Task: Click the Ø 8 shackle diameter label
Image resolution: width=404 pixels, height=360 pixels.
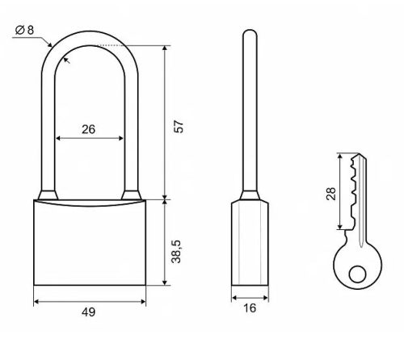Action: click(x=24, y=30)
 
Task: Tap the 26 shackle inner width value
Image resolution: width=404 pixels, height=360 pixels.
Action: click(x=89, y=129)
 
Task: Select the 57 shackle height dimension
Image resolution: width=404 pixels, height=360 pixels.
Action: click(x=179, y=127)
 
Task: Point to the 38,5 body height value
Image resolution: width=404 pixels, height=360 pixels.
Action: click(x=176, y=251)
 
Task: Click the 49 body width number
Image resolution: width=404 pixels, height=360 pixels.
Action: click(x=89, y=312)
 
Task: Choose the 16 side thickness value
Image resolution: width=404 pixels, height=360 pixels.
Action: click(x=250, y=308)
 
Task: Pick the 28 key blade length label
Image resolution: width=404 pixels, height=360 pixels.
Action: click(x=331, y=194)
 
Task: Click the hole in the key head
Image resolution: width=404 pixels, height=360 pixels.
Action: click(x=357, y=274)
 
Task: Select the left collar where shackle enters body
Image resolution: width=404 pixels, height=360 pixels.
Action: click(x=48, y=195)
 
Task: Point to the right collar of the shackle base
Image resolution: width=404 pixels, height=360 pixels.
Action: click(x=132, y=195)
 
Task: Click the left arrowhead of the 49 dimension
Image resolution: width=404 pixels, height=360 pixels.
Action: click(x=36, y=302)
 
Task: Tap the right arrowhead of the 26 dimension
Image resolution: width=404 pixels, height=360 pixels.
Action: click(x=120, y=138)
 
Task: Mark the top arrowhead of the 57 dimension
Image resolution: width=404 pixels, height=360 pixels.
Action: click(x=165, y=48)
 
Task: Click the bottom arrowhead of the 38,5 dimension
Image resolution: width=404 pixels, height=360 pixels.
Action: click(x=165, y=283)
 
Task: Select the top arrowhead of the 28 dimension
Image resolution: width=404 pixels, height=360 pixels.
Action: click(x=340, y=157)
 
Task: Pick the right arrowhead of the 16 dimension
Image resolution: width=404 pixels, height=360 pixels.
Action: click(x=266, y=298)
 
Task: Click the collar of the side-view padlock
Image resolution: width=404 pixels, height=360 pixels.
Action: click(x=250, y=196)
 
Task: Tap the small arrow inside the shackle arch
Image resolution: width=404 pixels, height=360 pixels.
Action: click(x=66, y=61)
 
